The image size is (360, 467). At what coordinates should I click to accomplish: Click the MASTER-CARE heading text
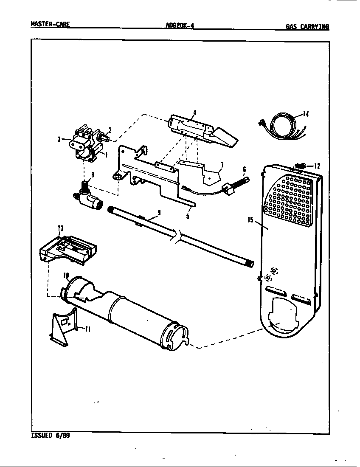[x=50, y=24]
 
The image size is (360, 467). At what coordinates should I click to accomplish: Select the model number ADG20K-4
[x=180, y=25]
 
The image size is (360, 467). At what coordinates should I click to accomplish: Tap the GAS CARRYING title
[x=307, y=27]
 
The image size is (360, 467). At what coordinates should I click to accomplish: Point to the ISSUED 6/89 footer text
[x=50, y=435]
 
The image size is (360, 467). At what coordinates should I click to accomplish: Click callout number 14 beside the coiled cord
[x=306, y=114]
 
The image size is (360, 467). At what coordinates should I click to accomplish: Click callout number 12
[x=317, y=166]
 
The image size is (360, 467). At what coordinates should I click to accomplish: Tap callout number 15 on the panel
[x=250, y=219]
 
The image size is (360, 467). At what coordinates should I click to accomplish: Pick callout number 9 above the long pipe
[x=159, y=212]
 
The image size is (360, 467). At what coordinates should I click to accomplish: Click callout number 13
[x=61, y=228]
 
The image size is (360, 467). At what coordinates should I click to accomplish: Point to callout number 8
[x=93, y=174]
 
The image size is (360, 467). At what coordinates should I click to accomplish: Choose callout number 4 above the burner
[x=194, y=113]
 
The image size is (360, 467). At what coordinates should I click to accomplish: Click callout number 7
[x=222, y=164]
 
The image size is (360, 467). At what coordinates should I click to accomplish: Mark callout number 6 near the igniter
[x=244, y=169]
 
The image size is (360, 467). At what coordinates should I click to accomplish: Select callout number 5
[x=188, y=216]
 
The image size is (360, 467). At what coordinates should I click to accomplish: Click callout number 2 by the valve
[x=110, y=130]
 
